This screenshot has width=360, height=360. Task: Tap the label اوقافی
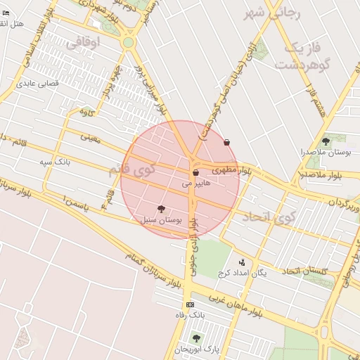coord(84,42)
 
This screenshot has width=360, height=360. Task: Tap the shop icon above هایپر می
coord(195,172)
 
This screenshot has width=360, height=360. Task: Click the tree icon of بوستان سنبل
coord(162,209)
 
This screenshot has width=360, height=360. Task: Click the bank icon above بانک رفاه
coord(190,304)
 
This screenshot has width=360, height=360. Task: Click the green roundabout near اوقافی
coord(128,43)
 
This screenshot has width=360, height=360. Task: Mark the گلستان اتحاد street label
coord(311,271)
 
